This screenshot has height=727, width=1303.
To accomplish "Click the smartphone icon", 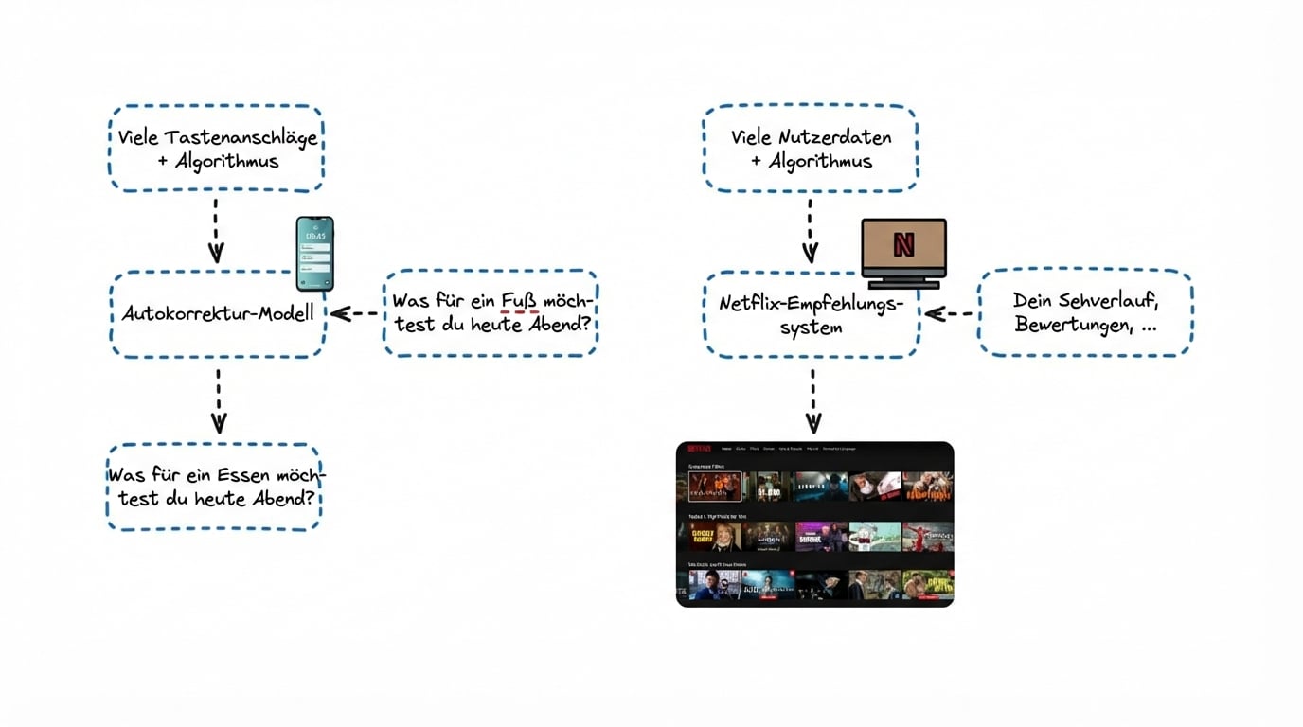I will click(x=314, y=253).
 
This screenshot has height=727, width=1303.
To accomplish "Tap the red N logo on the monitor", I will click(x=903, y=244).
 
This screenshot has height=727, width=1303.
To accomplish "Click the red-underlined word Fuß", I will click(x=519, y=299).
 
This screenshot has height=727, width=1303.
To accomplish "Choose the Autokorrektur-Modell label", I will click(x=218, y=312).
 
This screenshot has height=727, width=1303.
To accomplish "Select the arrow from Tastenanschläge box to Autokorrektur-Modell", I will click(x=216, y=229).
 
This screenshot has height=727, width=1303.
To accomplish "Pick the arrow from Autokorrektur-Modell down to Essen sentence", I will click(x=218, y=400).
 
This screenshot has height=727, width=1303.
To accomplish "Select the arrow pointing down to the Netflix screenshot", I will click(x=812, y=400).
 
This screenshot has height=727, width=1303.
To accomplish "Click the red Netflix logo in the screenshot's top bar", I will click(x=700, y=449).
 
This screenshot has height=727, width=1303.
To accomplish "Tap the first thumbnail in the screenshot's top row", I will click(x=715, y=486).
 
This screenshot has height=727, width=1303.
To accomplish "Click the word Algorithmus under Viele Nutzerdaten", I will click(x=820, y=161).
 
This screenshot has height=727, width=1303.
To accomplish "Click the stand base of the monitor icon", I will click(x=903, y=283).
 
